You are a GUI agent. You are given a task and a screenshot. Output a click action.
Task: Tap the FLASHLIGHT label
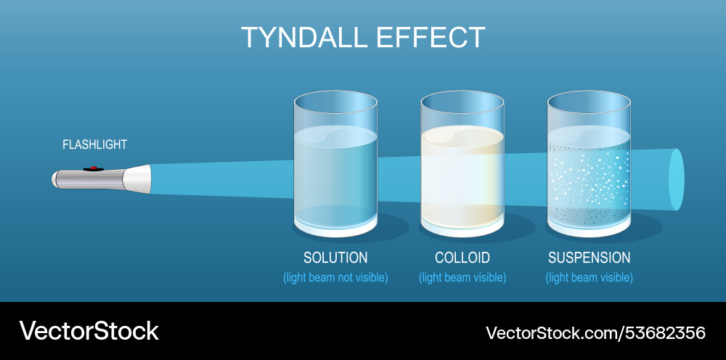pos(94,144)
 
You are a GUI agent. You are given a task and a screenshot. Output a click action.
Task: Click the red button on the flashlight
pos(92,169)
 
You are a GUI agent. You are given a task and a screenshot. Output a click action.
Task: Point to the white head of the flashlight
pos(139,179)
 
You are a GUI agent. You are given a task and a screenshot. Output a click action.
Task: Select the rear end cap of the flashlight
pos(55,179)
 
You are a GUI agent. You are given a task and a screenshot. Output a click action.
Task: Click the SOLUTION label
pos(335,258)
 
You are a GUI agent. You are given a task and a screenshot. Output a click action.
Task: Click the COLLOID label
pos(462,258)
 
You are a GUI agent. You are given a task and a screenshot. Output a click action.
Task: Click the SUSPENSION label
pos(589,258)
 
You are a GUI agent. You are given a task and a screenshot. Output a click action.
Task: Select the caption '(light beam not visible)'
pos(335,277)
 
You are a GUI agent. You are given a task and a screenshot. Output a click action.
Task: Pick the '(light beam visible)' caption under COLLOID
pos(462,277)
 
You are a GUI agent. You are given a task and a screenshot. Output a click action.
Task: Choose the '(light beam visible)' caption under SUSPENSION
pos(589,277)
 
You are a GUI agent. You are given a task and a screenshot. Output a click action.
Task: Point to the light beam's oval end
pos(676,179)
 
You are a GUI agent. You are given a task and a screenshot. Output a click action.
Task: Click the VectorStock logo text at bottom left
pos(89,331)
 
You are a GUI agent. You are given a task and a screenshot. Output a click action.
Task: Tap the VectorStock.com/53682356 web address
pos(595,332)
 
